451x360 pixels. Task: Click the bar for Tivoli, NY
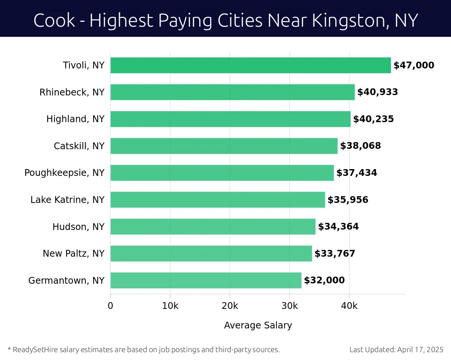(250, 65)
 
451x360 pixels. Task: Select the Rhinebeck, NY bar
(232, 92)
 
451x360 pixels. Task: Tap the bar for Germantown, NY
(206, 280)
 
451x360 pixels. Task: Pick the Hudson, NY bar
(213, 227)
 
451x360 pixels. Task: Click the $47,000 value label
(413, 65)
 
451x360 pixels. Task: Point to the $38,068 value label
(360, 146)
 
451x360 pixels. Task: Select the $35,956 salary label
(348, 200)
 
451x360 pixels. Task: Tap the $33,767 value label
(334, 254)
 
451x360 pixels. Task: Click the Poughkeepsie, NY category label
(64, 173)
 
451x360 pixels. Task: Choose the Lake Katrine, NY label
(67, 200)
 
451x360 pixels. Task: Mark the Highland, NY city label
(75, 119)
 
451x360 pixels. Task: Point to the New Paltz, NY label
(73, 254)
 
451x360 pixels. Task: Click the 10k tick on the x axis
(170, 306)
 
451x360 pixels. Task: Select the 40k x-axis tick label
(349, 306)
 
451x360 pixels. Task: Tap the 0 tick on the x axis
(110, 306)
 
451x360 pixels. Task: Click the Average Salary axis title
(258, 325)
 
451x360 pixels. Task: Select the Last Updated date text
(396, 349)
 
